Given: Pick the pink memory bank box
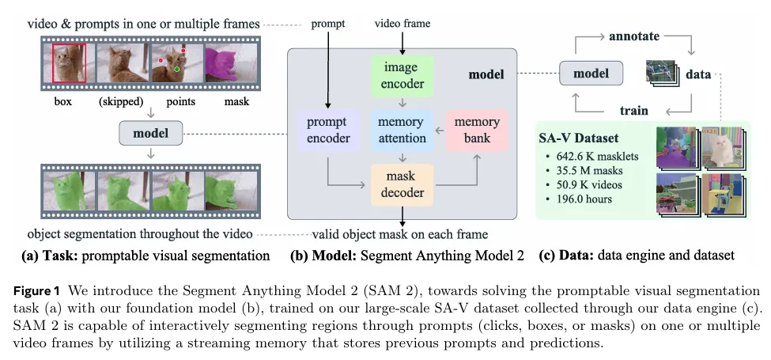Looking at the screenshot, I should pyautogui.click(x=477, y=130).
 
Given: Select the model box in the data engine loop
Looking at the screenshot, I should pyautogui.click(x=590, y=73).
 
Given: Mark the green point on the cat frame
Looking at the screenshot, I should pyautogui.click(x=178, y=70).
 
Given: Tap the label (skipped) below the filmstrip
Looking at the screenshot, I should pyautogui.click(x=120, y=101).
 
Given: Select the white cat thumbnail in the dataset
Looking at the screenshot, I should pyautogui.click(x=721, y=149).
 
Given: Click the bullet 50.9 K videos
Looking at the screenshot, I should pyautogui.click(x=588, y=184).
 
